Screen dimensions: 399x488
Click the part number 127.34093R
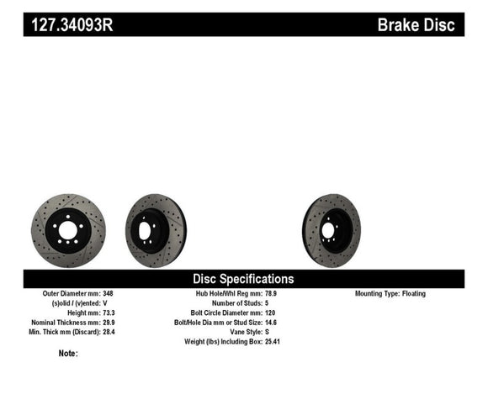[x=72, y=25]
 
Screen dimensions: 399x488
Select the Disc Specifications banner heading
[x=244, y=279]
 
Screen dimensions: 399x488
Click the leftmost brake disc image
[x=68, y=230]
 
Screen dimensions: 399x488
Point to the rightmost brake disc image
[x=332, y=230]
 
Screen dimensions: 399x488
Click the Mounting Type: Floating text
[x=390, y=294]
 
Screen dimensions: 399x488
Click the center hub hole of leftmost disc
[x=68, y=230]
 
